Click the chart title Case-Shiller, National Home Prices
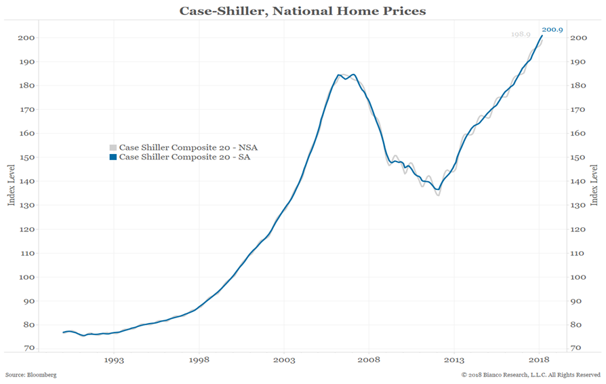click(302, 11)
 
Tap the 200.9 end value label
click(552, 29)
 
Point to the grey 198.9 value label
click(521, 34)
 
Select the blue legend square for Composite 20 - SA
click(113, 157)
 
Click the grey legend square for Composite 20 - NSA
click(113, 147)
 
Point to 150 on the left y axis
click(26, 157)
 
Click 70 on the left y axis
click(28, 348)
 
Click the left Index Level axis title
click(10, 185)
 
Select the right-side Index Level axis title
click(594, 185)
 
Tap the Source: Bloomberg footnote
click(31, 375)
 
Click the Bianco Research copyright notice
click(531, 375)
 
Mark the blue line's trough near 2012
click(438, 189)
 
